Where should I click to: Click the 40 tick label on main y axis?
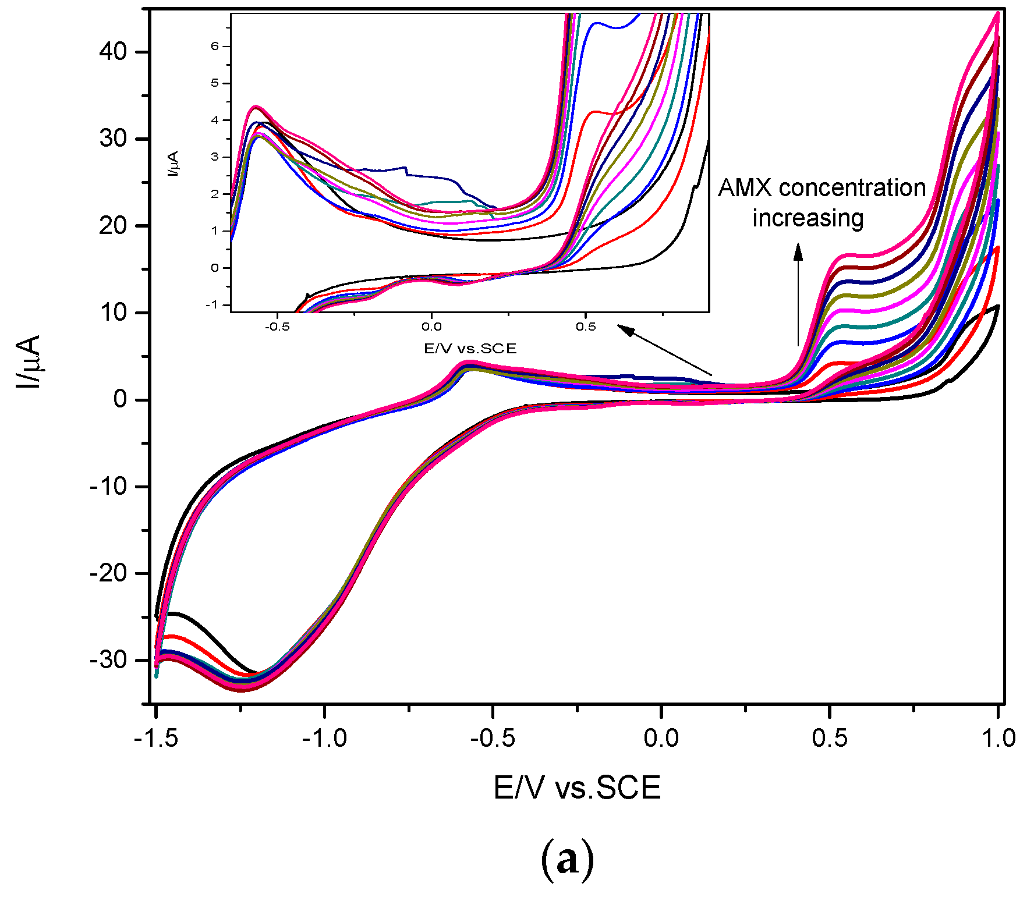pyautogui.click(x=113, y=52)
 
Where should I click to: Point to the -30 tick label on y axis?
pyautogui.click(x=108, y=660)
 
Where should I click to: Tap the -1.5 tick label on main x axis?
pyautogui.click(x=155, y=738)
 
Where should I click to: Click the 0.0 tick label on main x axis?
pyautogui.click(x=661, y=738)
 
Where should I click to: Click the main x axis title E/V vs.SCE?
pyautogui.click(x=577, y=788)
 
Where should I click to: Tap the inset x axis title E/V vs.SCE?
pyautogui.click(x=470, y=349)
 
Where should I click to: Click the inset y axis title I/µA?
pyautogui.click(x=173, y=164)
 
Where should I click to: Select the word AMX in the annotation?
pyautogui.click(x=745, y=188)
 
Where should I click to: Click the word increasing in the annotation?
pyautogui.click(x=808, y=218)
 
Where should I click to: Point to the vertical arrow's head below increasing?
pyautogui.click(x=798, y=251)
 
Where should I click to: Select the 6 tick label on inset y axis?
pyautogui.click(x=215, y=46)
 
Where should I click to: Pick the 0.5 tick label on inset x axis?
pyautogui.click(x=586, y=327)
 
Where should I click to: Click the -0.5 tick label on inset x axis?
pyautogui.click(x=277, y=327)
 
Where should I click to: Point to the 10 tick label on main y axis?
pyautogui.click(x=113, y=313)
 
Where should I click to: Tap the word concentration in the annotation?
pyautogui.click(x=852, y=188)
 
